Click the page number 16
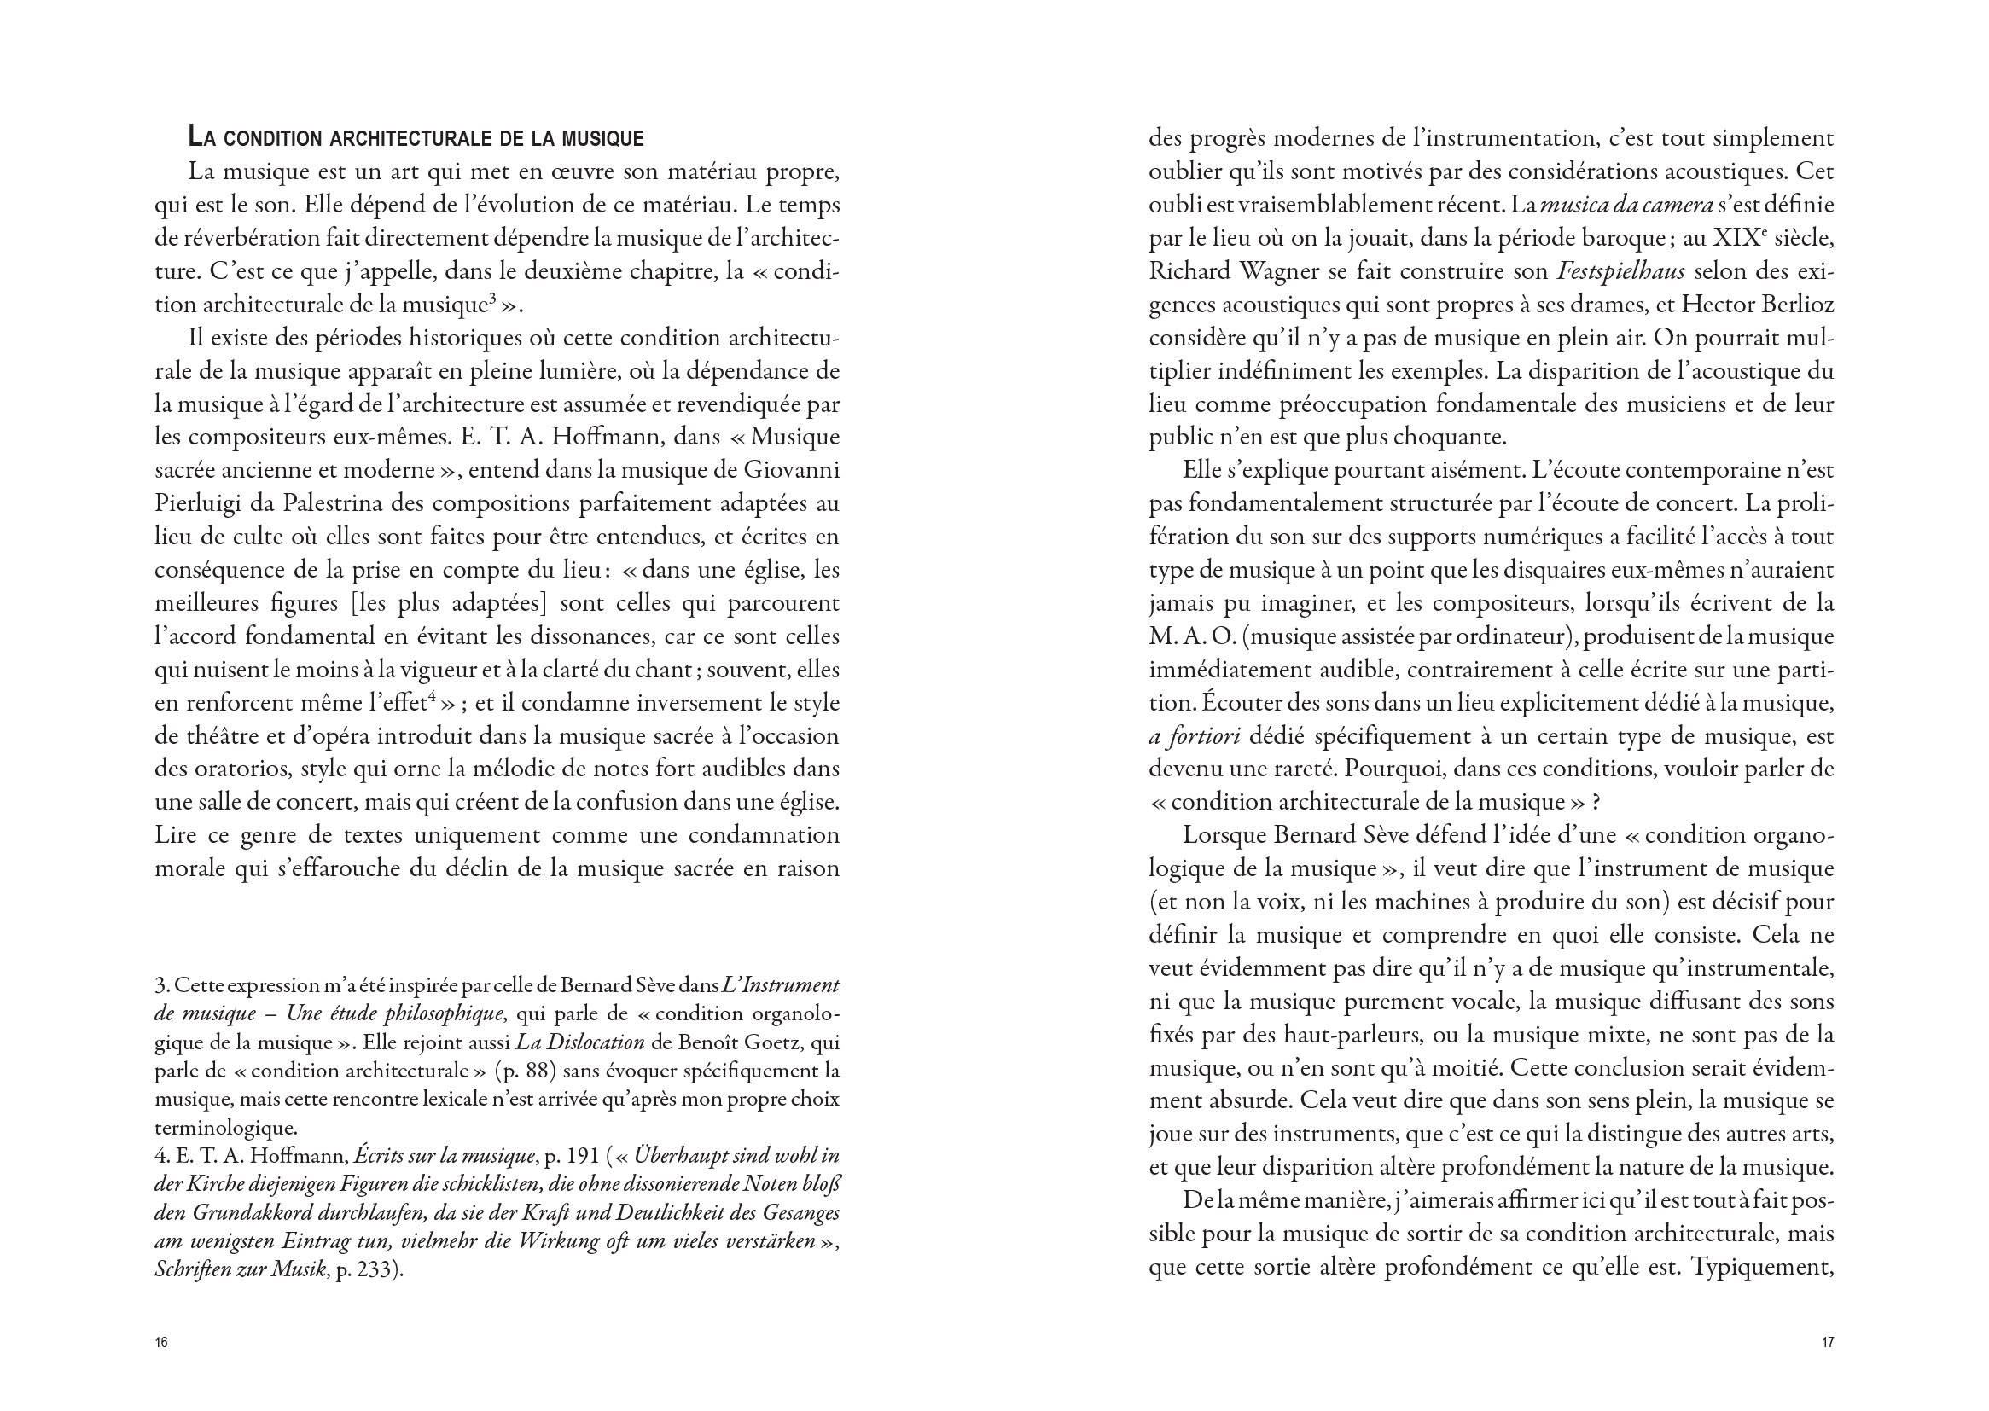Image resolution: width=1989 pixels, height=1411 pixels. point(160,1343)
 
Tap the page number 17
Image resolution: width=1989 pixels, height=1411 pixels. point(1828,1343)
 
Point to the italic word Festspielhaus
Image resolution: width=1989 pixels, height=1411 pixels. point(1621,272)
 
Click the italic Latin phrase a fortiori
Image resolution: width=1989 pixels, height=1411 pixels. point(1194,737)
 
